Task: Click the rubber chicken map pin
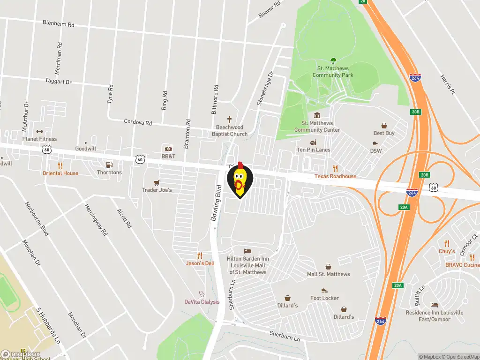pyautogui.click(x=240, y=181)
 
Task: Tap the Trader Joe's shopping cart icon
pyautogui.click(x=157, y=182)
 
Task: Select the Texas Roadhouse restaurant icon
pyautogui.click(x=335, y=168)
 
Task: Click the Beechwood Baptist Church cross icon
pyautogui.click(x=230, y=120)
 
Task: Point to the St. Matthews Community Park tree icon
pyautogui.click(x=333, y=60)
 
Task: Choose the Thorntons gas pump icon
pyautogui.click(x=109, y=165)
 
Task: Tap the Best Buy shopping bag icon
pyautogui.click(x=384, y=126)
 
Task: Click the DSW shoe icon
pyautogui.click(x=376, y=143)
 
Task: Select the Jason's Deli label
pyautogui.click(x=200, y=263)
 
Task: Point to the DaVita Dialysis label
pyautogui.click(x=202, y=302)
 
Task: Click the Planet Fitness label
pyautogui.click(x=39, y=139)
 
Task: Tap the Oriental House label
pyautogui.click(x=60, y=173)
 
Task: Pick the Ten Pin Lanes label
pyautogui.click(x=313, y=150)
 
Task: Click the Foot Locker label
pyautogui.click(x=324, y=298)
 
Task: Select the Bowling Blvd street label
pyautogui.click(x=216, y=205)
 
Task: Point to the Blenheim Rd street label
pyautogui.click(x=58, y=23)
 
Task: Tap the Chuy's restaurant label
pyautogui.click(x=447, y=251)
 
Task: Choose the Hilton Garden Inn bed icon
pyautogui.click(x=248, y=251)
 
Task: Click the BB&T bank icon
pyautogui.click(x=168, y=148)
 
